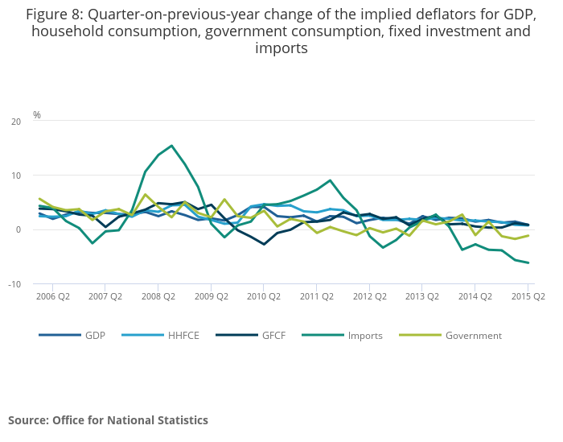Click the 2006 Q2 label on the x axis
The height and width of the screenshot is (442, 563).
pos(52,296)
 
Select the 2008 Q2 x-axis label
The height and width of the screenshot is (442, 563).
pos(158,296)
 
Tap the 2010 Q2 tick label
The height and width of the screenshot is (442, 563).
pos(264,296)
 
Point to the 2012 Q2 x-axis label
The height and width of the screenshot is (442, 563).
pos(369,296)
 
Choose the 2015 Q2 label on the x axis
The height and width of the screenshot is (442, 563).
pos(528,296)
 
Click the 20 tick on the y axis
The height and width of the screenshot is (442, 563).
pos(16,122)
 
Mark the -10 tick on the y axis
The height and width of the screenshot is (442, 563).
pos(14,284)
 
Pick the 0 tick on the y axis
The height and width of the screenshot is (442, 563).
pos(18,229)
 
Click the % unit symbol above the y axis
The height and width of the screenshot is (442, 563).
pos(37,115)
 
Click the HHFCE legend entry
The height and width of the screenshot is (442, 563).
pos(184,336)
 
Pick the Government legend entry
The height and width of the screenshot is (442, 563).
pos(473,336)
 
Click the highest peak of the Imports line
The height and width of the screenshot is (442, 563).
pos(171,146)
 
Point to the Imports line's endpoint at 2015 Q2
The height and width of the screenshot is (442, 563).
pos(528,262)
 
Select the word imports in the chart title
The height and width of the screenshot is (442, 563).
pos(281,48)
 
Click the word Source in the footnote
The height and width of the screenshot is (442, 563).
pos(27,420)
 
